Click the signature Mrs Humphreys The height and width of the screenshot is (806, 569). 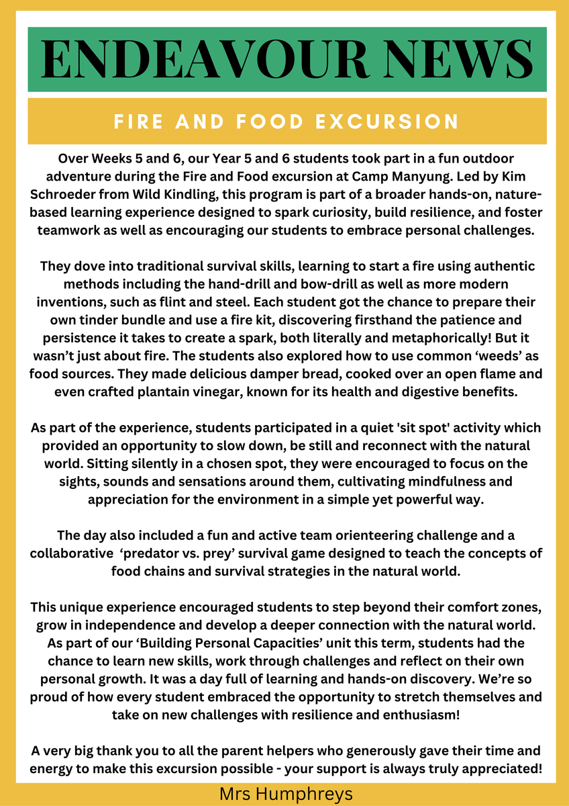(285, 795)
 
